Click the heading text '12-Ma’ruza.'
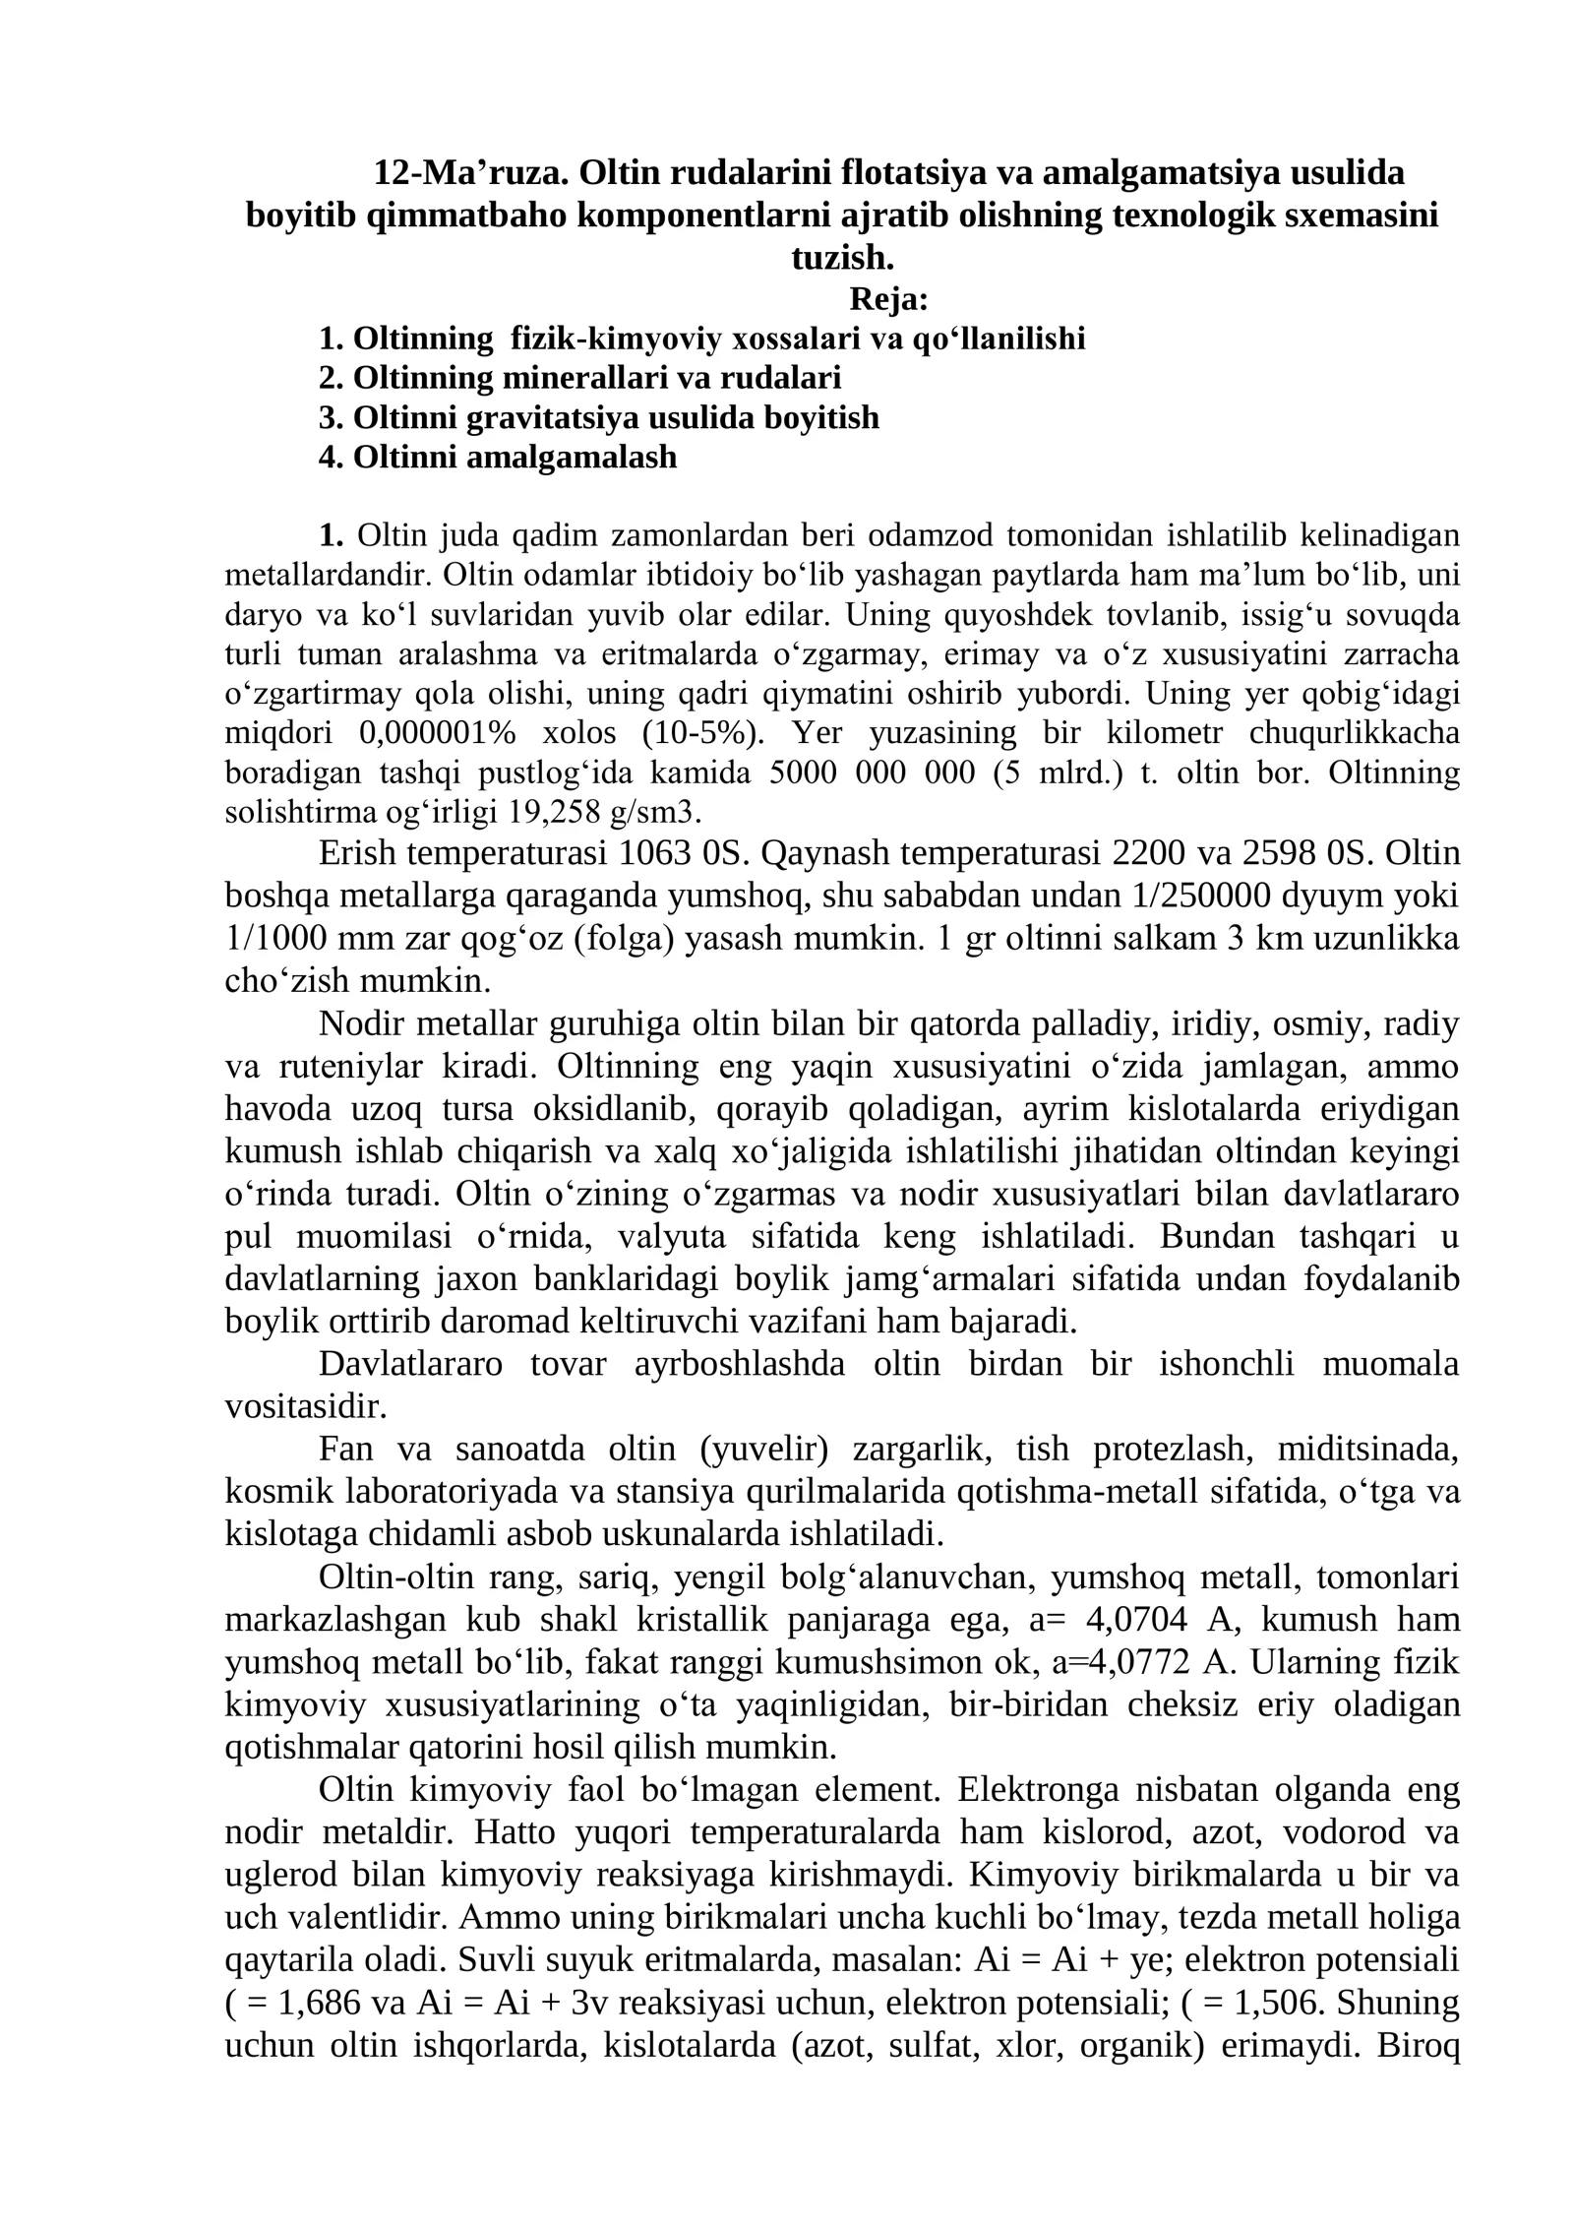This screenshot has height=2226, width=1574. tap(471, 173)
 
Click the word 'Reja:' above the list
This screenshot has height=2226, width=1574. tap(888, 298)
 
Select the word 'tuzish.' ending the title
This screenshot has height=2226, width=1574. tap(843, 258)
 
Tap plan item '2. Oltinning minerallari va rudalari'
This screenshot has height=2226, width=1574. tap(579, 378)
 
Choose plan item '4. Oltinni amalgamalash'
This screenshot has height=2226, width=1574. tap(497, 457)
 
